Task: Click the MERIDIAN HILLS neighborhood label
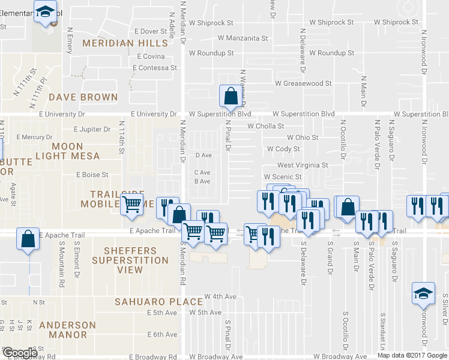coord(125,43)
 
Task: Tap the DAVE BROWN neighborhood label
coord(83,97)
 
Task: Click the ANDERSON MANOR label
coord(67,331)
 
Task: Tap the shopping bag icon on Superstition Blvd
coord(231,95)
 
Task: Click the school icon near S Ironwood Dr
coord(423,294)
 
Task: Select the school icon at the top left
coord(44,11)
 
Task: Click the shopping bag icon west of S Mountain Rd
coord(27,238)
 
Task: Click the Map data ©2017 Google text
coord(412,355)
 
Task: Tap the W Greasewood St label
coord(303,83)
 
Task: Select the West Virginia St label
coord(303,165)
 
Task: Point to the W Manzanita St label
coord(243,38)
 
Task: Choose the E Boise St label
coord(92,175)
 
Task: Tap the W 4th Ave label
coord(220,296)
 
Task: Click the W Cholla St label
coord(265,126)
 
